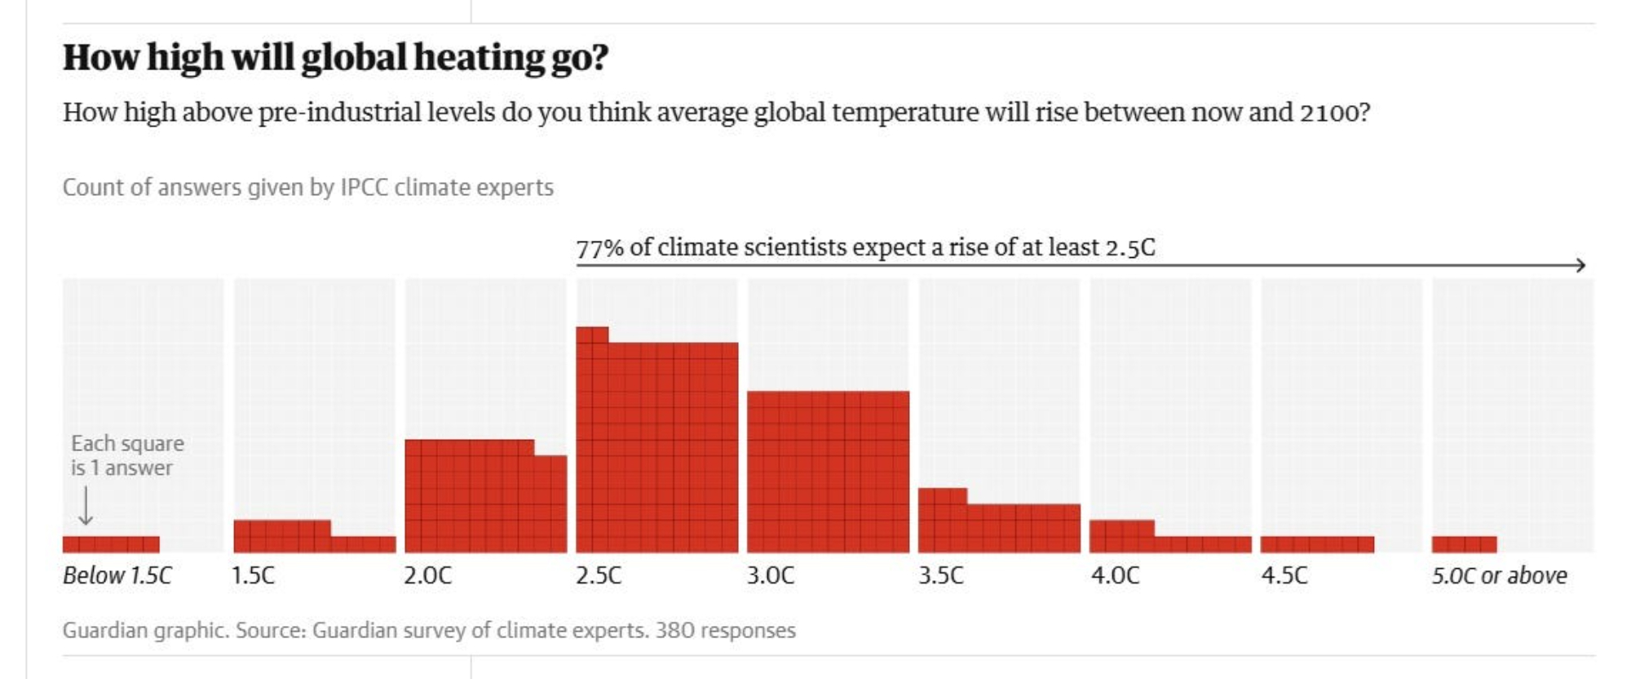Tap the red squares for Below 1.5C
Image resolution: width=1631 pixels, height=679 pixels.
coord(111,544)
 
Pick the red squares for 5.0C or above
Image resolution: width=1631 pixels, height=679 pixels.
coord(1464,544)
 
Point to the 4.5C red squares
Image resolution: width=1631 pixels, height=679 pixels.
coord(1317,544)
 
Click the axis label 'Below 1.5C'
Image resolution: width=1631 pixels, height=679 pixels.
coord(117,575)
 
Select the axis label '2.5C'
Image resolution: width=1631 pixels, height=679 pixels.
coord(599,575)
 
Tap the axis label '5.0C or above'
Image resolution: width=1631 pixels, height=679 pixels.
coord(1499,575)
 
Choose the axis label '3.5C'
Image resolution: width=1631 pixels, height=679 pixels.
coord(940,575)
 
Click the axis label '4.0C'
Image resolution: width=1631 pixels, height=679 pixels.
coord(1115,575)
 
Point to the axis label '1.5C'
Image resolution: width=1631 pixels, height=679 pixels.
coord(253,575)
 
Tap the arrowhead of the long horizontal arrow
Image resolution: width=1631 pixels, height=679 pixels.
coord(1580,264)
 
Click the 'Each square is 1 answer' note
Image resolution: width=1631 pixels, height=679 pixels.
coord(126,455)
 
